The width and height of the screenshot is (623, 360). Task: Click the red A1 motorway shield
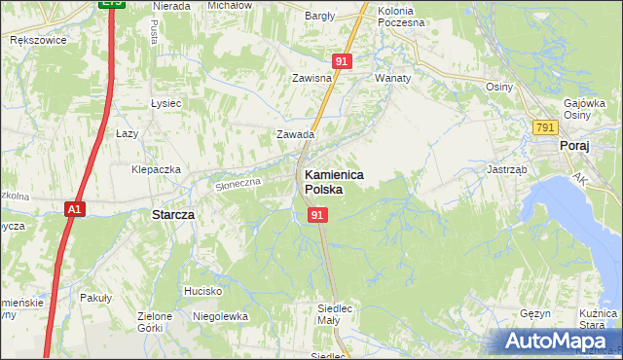pos(75,209)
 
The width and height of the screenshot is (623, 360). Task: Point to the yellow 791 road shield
pos(545,127)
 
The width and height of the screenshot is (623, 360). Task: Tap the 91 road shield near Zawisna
pos(341,60)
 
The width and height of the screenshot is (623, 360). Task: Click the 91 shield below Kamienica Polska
pos(317,214)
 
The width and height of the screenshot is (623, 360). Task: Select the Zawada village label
pos(296,135)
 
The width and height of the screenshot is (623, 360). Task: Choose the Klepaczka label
pos(157,169)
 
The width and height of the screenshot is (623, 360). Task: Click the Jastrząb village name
pos(506,168)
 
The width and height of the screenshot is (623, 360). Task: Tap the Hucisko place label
pos(202,291)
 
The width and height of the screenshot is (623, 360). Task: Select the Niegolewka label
pos(221,316)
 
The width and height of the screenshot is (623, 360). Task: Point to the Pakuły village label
pos(96,297)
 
